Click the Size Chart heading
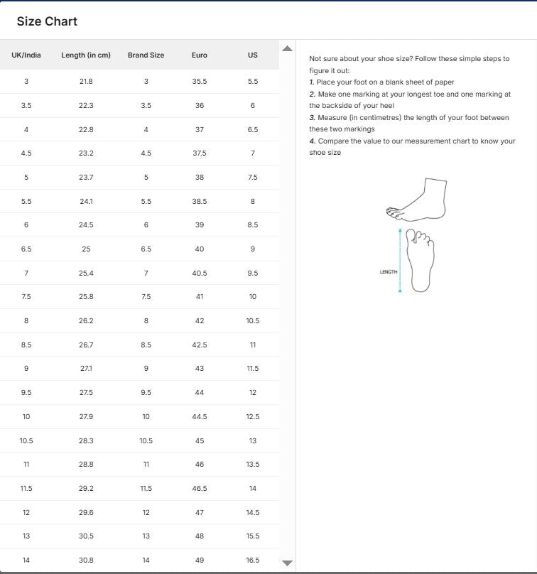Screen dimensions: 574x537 (x=47, y=21)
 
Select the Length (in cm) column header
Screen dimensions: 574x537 (x=86, y=55)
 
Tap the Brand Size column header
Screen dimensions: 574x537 (x=146, y=55)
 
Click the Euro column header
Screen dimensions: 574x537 (x=200, y=55)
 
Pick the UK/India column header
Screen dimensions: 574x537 (x=26, y=55)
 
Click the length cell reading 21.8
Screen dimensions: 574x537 (x=86, y=82)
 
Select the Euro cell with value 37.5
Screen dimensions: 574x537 (x=200, y=153)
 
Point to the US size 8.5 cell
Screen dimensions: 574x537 (x=253, y=225)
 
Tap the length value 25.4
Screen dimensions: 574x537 (x=86, y=274)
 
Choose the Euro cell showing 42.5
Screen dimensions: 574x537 (x=200, y=345)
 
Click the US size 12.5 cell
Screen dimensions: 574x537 (x=253, y=417)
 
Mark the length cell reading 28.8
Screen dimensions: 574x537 (x=86, y=465)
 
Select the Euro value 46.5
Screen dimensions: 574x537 (x=200, y=489)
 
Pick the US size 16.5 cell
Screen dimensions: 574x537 (x=253, y=561)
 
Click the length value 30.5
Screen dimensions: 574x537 (x=86, y=536)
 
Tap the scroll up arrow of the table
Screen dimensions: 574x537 (x=287, y=48)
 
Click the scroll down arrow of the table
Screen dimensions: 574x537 (x=287, y=563)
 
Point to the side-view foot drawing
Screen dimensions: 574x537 (x=417, y=200)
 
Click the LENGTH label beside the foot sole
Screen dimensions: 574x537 (x=389, y=272)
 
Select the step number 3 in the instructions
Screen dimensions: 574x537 (x=312, y=118)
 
